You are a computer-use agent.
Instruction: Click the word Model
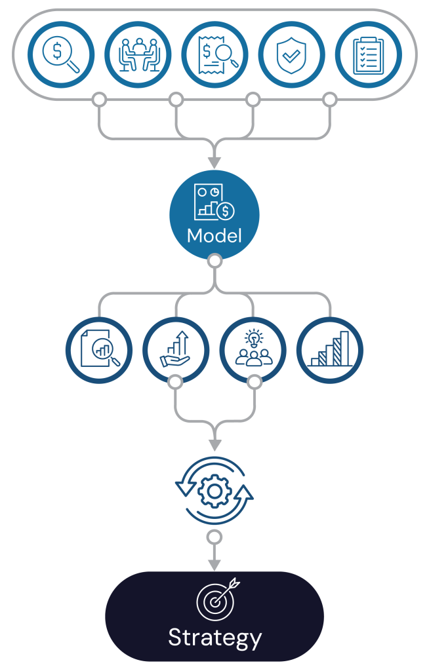[x=214, y=235]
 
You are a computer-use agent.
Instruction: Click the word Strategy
[x=214, y=638]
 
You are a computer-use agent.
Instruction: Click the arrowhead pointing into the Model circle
[x=214, y=161]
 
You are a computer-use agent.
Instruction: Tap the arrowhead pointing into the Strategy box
[x=214, y=565]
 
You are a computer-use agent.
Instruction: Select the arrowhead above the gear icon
[x=214, y=444]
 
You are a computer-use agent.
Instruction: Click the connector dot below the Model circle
[x=214, y=261]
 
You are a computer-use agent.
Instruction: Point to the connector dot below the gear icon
[x=214, y=537]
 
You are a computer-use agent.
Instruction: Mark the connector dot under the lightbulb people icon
[x=253, y=382]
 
